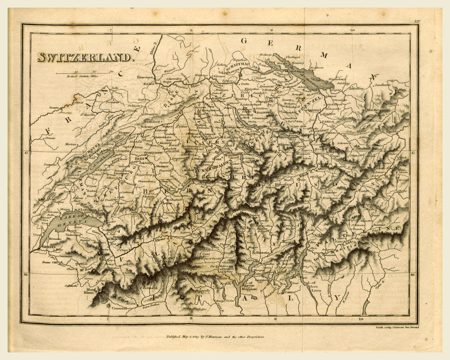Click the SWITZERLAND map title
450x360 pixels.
[x=84, y=57]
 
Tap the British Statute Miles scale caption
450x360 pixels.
[x=81, y=76]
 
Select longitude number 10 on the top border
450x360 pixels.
[x=352, y=30]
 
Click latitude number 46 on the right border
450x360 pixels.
[x=413, y=275]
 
